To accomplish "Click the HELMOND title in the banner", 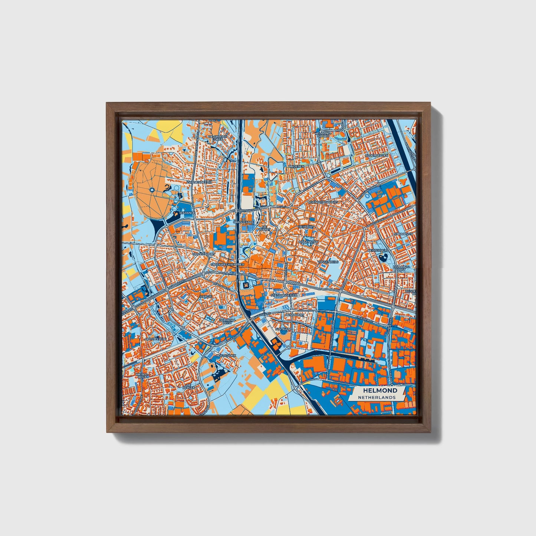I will pyautogui.click(x=380, y=390).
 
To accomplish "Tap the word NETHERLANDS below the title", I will pyautogui.click(x=376, y=397).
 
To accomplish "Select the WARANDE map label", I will pyautogui.click(x=187, y=214).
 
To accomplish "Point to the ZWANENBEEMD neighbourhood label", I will pyautogui.click(x=199, y=182).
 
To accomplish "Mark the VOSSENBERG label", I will pyautogui.click(x=328, y=262).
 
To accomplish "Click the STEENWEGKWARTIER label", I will pyautogui.click(x=227, y=264).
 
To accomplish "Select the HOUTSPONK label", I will pyautogui.click(x=226, y=355).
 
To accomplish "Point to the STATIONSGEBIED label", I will pyautogui.click(x=285, y=295).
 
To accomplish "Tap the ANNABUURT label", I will pyautogui.click(x=295, y=315).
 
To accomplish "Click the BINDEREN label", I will pyautogui.click(x=296, y=167).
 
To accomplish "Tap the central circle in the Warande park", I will pyautogui.click(x=152, y=190).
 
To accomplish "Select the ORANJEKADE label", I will pyautogui.click(x=243, y=222).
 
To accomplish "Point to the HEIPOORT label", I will pyautogui.click(x=306, y=226).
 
